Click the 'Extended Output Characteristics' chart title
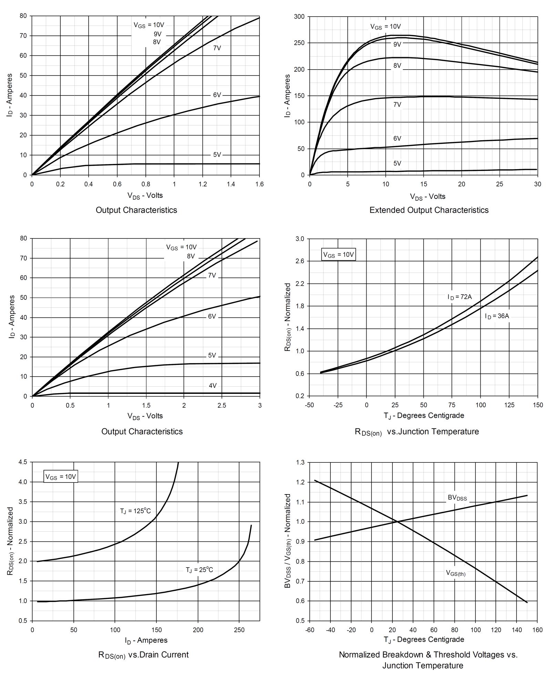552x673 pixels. tap(429, 210)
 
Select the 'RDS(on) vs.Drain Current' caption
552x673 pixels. tap(143, 655)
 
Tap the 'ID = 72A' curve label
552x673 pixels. tap(460, 297)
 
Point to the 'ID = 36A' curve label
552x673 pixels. tap(497, 316)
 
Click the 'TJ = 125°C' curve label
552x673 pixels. tap(135, 511)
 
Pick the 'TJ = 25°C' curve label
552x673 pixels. tap(199, 570)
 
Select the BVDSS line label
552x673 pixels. tap(457, 498)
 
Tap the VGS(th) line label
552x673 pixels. tap(456, 573)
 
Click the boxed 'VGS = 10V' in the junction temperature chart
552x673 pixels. tap(338, 255)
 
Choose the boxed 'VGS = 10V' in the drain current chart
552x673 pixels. tap(61, 477)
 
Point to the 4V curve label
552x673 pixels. tap(213, 386)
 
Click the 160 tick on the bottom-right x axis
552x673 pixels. tap(537, 630)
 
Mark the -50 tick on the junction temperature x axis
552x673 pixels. tap(309, 405)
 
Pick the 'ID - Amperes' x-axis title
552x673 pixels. tap(146, 640)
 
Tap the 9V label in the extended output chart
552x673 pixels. tap(397, 44)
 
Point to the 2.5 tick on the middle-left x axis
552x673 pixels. tap(222, 406)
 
